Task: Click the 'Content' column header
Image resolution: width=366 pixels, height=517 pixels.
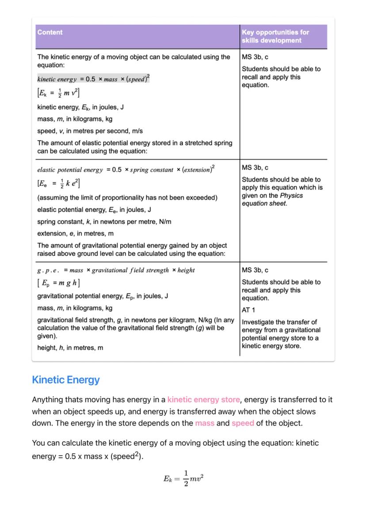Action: click(x=50, y=32)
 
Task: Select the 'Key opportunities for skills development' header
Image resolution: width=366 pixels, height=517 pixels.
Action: click(x=275, y=36)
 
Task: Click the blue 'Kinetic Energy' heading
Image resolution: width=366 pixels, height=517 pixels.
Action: click(x=66, y=380)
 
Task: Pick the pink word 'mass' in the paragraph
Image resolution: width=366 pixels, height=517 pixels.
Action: click(x=205, y=423)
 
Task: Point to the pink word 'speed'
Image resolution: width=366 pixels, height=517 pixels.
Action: click(x=243, y=423)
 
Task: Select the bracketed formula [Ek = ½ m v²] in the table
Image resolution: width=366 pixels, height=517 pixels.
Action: click(x=58, y=93)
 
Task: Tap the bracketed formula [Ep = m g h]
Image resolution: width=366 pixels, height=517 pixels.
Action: click(x=58, y=283)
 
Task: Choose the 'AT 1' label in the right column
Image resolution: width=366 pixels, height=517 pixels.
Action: click(x=248, y=310)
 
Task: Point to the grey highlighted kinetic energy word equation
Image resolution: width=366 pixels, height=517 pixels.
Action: click(x=93, y=79)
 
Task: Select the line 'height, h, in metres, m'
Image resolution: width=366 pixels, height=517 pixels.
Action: click(x=70, y=348)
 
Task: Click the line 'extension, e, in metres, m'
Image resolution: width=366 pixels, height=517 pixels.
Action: click(x=75, y=233)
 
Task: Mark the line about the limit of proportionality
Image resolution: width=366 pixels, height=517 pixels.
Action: click(x=127, y=198)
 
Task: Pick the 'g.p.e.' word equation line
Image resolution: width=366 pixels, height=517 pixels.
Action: click(x=116, y=270)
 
